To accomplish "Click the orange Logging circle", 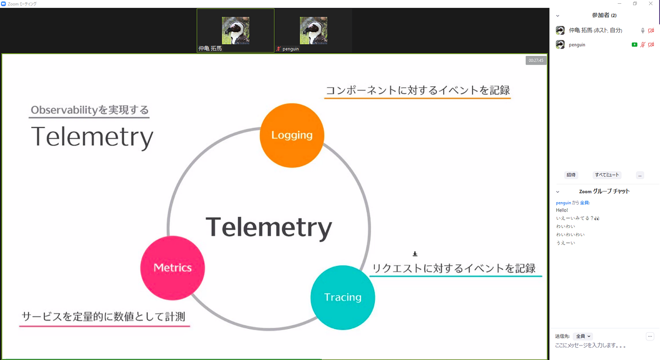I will [x=292, y=135].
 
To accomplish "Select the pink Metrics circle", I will [x=173, y=268].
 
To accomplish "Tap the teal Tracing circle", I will [x=343, y=297].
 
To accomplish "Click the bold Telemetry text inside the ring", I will [x=269, y=228].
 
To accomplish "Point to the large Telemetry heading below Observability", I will [x=92, y=137].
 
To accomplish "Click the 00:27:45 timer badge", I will [x=536, y=60].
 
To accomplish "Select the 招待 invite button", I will [x=571, y=175].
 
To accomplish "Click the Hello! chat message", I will [x=562, y=210].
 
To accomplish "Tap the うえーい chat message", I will [x=565, y=243].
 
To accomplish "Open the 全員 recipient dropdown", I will [x=583, y=336].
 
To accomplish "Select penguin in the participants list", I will [x=577, y=45].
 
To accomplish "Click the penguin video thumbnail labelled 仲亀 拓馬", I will [x=235, y=30].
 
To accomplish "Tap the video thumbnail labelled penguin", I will [x=313, y=30].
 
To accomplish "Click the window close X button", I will [x=651, y=4].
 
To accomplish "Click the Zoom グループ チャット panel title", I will [x=604, y=191].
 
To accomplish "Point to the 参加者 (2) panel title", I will [x=604, y=15].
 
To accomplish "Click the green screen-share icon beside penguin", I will [x=635, y=45].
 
